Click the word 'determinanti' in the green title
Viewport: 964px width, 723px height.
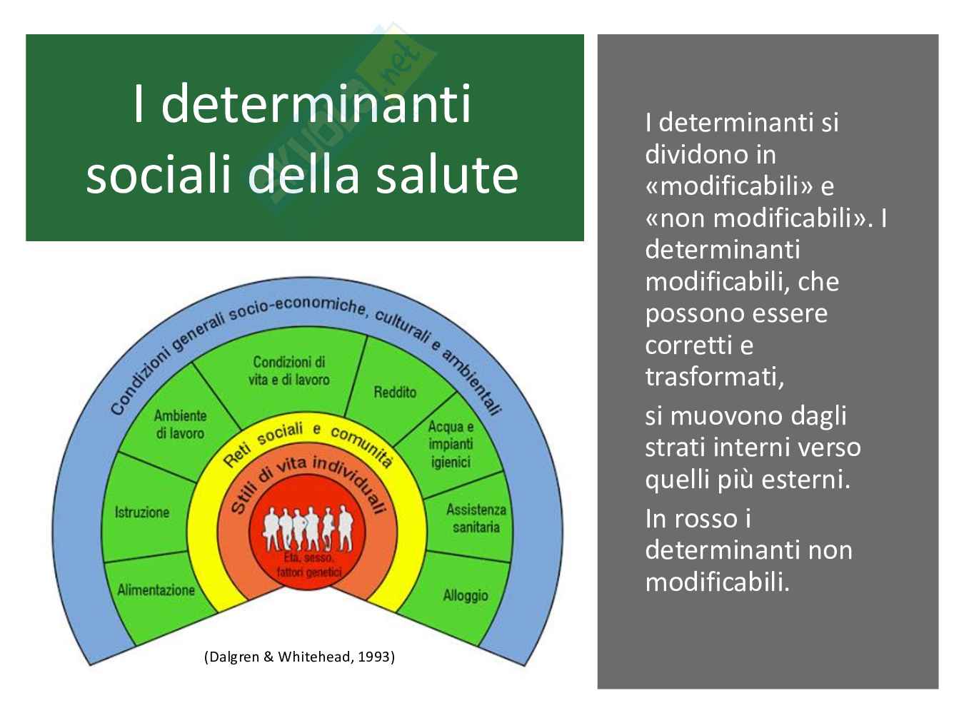pos(316,104)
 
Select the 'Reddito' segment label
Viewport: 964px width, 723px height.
pos(395,392)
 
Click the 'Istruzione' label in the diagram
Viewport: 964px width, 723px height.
pos(142,512)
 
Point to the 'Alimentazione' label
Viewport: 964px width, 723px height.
pos(156,590)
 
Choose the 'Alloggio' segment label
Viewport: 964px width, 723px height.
pos(466,595)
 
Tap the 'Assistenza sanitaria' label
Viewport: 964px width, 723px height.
pos(476,518)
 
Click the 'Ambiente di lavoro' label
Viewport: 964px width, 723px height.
pos(180,425)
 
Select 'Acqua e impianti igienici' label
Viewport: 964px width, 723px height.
pos(451,444)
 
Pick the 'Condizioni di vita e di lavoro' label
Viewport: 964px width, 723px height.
pos(289,371)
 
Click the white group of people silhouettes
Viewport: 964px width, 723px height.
pos(308,529)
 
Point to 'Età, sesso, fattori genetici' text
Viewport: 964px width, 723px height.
pos(308,565)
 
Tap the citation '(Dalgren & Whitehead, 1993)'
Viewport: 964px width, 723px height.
pos(299,657)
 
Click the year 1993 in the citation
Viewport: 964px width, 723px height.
pos(373,657)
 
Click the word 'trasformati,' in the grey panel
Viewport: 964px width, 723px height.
pos(715,377)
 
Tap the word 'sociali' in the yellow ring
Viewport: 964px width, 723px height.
pos(280,434)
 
